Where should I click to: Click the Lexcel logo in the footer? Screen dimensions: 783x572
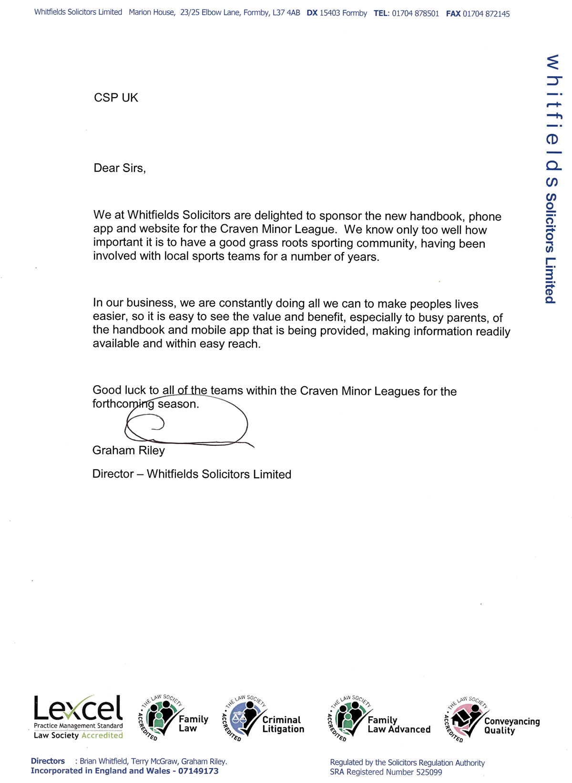(x=78, y=716)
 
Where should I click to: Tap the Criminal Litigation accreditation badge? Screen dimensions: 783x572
(x=263, y=718)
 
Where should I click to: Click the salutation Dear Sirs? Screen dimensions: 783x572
(x=120, y=168)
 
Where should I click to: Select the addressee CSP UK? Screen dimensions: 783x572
(x=116, y=98)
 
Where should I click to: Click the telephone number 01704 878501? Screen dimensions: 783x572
(x=415, y=13)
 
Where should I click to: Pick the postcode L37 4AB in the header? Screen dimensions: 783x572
(x=286, y=13)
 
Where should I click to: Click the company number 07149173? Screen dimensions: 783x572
(x=198, y=771)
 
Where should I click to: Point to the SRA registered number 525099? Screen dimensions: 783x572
(x=429, y=772)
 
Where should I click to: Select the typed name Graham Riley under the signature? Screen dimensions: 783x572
(x=128, y=450)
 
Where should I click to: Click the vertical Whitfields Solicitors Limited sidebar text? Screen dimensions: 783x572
(x=552, y=179)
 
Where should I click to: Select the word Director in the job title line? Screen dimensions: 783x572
(x=113, y=474)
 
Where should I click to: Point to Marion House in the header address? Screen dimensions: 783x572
(x=152, y=12)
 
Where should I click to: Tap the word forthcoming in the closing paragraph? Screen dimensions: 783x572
(x=123, y=404)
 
